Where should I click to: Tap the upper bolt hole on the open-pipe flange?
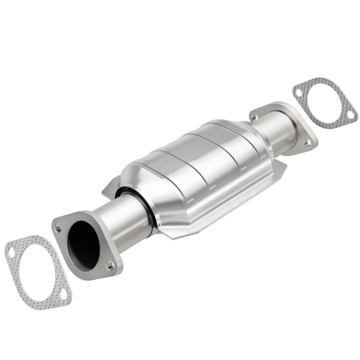click(x=58, y=227)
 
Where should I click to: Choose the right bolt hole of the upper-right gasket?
click(x=350, y=116)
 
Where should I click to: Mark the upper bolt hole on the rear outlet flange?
click(x=255, y=117)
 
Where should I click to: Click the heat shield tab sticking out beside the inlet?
click(x=108, y=191)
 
